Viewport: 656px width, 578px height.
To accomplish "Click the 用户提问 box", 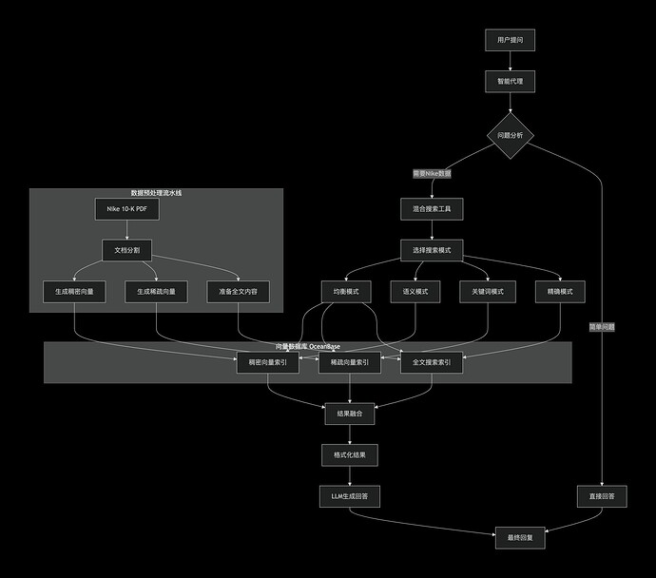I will pyautogui.click(x=511, y=40).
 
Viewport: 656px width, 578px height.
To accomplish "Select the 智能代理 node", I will pyautogui.click(x=511, y=83).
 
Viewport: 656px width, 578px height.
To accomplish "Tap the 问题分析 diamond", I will pyautogui.click(x=511, y=136).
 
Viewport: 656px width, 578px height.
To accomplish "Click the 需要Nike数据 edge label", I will pyautogui.click(x=432, y=174).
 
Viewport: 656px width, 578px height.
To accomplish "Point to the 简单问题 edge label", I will pyautogui.click(x=602, y=326).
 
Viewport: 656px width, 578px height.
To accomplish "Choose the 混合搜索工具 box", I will pyautogui.click(x=432, y=209).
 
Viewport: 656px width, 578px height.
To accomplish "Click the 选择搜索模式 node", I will pyautogui.click(x=432, y=250).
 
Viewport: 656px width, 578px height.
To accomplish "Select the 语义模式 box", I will pyautogui.click(x=415, y=292).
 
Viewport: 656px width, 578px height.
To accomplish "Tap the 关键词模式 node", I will pyautogui.click(x=487, y=292).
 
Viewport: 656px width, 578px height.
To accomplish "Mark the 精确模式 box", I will pyautogui.click(x=559, y=292).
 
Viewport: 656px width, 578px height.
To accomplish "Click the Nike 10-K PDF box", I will pyautogui.click(x=126, y=209).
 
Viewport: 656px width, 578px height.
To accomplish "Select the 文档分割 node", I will pyautogui.click(x=126, y=250).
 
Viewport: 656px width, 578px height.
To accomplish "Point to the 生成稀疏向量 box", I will pyautogui.click(x=156, y=292).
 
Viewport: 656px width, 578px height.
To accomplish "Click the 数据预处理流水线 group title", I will pyautogui.click(x=156, y=193).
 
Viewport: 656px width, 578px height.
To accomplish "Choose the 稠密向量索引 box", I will pyautogui.click(x=267, y=362).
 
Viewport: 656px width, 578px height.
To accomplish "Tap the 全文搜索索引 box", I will pyautogui.click(x=432, y=362).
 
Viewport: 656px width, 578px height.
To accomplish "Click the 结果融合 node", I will pyautogui.click(x=350, y=414).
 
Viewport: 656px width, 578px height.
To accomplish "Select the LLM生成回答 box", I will pyautogui.click(x=350, y=495).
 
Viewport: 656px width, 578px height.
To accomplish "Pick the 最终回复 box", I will pyautogui.click(x=521, y=537).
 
